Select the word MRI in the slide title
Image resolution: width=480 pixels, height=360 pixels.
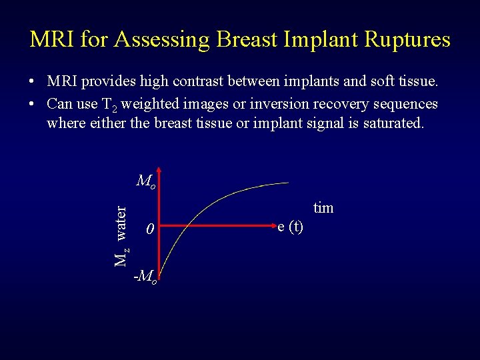coord(53,39)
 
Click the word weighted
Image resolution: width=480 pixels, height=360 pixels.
coord(151,104)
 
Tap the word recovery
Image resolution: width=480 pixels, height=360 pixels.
coord(328,104)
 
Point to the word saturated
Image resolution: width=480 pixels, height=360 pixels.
coord(393,123)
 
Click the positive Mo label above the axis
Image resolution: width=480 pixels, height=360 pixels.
coord(146,181)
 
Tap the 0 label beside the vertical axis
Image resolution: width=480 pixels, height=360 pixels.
coord(151,229)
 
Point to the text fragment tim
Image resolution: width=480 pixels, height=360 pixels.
coord(323,208)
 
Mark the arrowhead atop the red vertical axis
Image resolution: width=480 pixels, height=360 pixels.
coord(161,174)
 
